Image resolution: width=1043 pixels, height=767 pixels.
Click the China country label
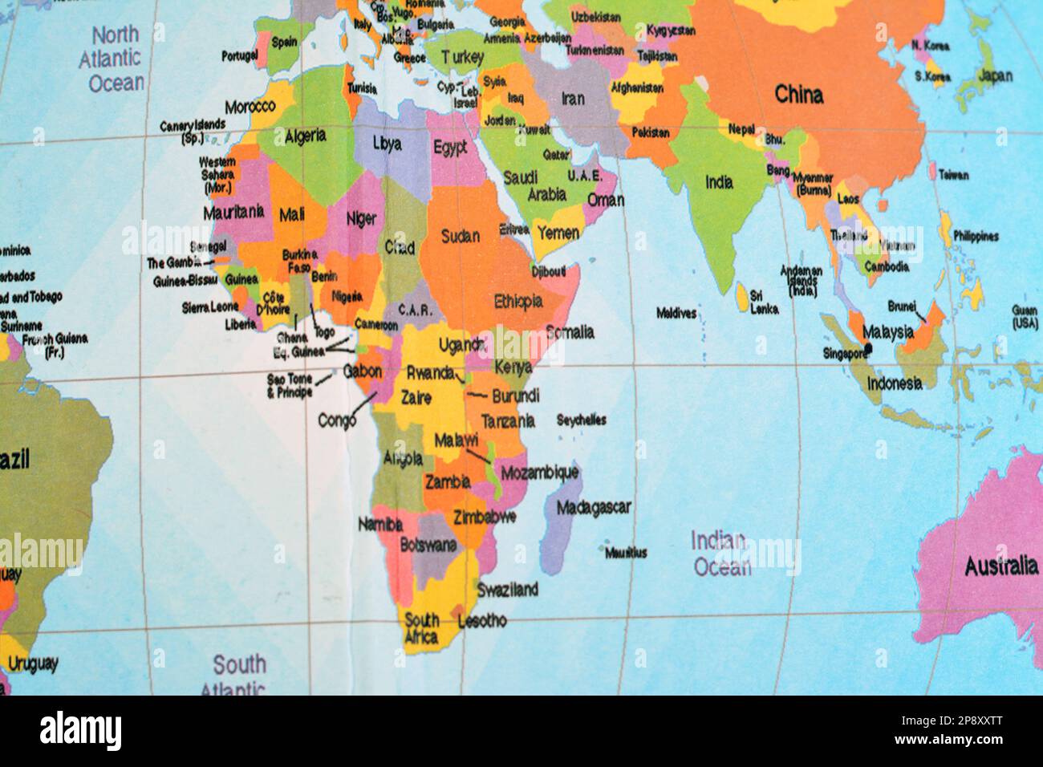798,95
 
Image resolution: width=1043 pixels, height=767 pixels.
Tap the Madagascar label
593,507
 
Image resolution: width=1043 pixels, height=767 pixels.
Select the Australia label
1000,566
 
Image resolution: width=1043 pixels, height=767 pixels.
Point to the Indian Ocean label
720,554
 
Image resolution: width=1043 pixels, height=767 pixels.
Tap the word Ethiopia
518,302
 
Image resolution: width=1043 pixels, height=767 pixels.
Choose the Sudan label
461,236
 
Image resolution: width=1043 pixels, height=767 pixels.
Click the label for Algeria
305,135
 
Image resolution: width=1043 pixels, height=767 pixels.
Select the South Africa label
422,628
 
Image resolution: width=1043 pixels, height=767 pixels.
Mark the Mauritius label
625,553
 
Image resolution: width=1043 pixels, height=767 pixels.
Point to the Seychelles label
581,420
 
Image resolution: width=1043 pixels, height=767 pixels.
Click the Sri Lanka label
764,302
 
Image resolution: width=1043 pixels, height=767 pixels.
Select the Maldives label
676,313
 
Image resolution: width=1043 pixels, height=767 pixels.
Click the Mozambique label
539,473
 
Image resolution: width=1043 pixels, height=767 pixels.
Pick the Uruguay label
33,664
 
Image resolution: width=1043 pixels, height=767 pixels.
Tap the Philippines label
976,236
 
